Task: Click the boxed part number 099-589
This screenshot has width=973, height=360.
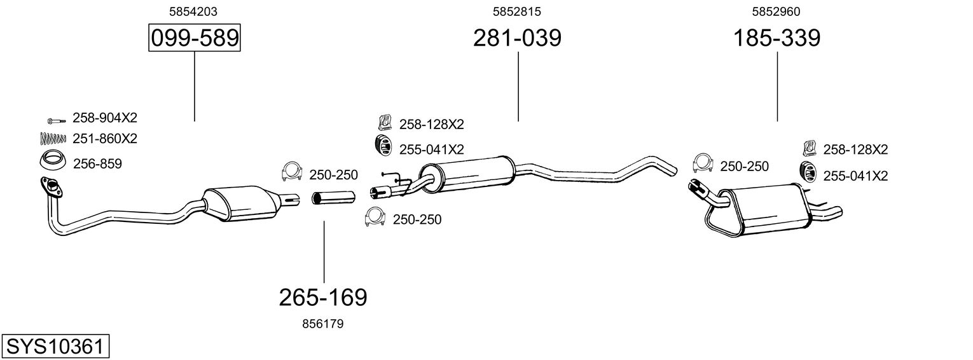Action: coord(194,39)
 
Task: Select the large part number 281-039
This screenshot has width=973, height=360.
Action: coord(517,39)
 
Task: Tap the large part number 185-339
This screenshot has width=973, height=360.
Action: coord(777,39)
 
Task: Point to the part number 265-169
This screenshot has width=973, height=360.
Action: coord(323,297)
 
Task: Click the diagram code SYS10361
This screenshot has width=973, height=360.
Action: coord(55,347)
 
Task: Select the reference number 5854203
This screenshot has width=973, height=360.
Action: coord(194,11)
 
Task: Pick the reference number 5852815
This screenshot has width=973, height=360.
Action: coord(517,11)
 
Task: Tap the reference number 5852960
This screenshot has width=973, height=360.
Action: coord(776,11)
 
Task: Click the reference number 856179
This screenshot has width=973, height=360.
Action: coord(322,324)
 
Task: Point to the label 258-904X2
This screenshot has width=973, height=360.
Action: coord(105,118)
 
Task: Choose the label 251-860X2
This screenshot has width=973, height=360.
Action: coord(105,138)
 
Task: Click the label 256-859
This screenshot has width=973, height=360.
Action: coord(97,163)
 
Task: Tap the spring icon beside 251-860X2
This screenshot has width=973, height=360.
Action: coord(53,138)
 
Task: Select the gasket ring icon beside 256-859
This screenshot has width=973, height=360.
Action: coord(53,162)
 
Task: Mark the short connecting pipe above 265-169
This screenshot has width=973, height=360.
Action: coord(326,198)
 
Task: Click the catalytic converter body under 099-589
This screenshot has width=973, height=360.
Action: coord(242,203)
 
